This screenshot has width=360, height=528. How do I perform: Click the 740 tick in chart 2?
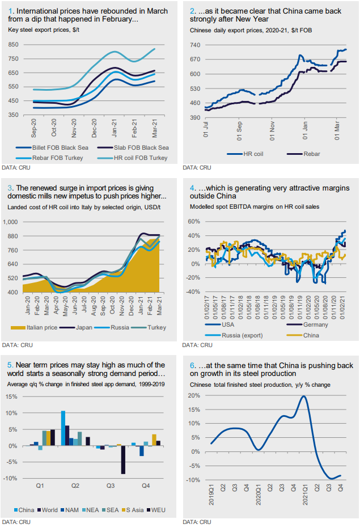[196, 44]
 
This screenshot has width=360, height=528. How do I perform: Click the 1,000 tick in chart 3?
[14, 222]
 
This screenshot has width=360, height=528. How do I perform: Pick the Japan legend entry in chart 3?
[88, 328]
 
